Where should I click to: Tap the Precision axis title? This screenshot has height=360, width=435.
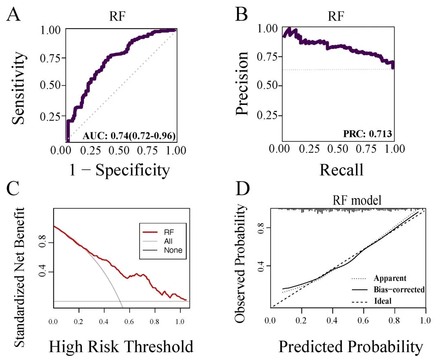point(242,84)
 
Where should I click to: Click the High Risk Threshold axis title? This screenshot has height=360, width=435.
point(121,347)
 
